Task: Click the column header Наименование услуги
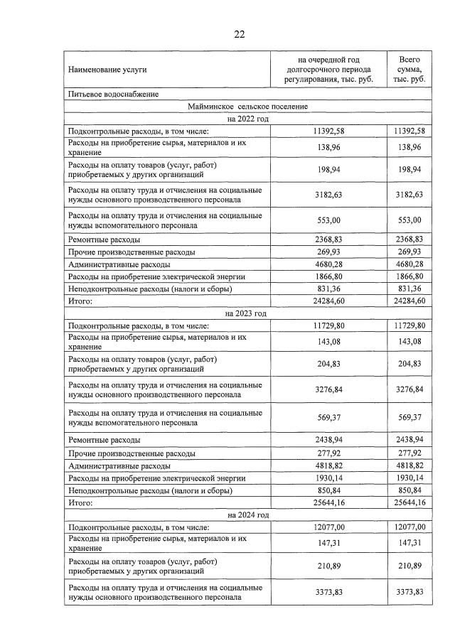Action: tap(107, 70)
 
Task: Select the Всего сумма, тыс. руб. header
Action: tap(409, 70)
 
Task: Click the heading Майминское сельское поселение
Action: tap(248, 107)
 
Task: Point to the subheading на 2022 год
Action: tap(248, 119)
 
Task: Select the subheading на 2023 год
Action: tap(248, 313)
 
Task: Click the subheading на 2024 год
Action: tap(248, 515)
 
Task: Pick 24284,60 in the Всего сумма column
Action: tap(409, 301)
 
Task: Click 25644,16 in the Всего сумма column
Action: tap(409, 503)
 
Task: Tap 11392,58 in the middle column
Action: tap(328, 131)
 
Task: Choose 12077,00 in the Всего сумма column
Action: tap(409, 527)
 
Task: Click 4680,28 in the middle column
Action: tap(328, 264)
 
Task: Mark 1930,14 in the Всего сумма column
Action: tap(409, 478)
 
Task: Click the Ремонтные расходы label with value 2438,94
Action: tap(104, 441)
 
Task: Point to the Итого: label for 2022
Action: tap(81, 301)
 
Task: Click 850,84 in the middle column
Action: tap(328, 490)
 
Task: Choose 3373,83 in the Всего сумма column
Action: tap(409, 593)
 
